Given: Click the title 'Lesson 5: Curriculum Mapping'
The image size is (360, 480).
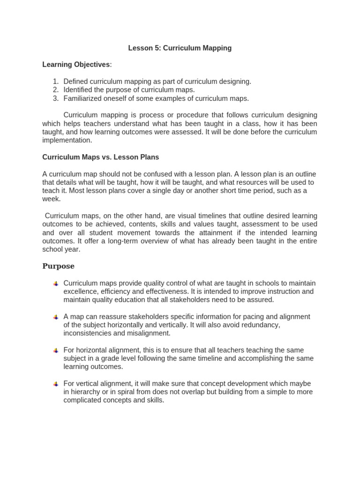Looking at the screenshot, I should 180,48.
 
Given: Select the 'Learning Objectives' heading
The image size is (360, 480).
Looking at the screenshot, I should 76,64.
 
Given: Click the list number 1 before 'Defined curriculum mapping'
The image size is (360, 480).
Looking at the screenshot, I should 55,81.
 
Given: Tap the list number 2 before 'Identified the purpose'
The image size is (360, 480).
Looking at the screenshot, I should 55,90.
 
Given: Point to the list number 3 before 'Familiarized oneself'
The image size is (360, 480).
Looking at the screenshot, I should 55,98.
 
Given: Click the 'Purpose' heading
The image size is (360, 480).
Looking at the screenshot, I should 59,266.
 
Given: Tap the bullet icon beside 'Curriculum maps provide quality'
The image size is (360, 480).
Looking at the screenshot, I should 55,284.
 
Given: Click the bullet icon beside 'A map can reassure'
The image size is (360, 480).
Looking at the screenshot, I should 55,317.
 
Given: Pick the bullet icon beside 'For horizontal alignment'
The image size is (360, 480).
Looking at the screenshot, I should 55,351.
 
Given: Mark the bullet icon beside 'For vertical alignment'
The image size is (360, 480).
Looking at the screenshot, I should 55,384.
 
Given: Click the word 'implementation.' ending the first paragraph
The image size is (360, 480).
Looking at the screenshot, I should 67,140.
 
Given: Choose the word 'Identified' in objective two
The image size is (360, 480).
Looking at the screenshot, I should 78,90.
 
